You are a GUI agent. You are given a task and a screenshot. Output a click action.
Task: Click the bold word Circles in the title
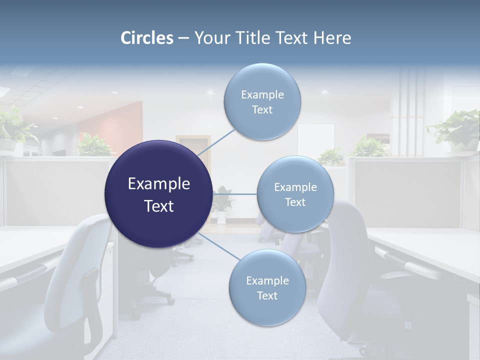147,38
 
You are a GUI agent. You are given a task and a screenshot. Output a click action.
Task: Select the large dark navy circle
158,194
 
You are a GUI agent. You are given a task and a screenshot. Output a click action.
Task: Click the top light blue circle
262,102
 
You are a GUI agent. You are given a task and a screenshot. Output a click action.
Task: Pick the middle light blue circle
295,194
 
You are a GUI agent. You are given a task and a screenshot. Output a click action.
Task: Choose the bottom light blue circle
267,288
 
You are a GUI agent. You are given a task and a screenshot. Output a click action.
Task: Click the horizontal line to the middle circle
235,194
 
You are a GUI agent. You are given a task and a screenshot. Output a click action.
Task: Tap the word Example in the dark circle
158,184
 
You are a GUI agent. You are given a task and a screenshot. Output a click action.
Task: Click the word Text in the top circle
262,110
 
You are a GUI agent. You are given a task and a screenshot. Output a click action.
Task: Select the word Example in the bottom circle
267,280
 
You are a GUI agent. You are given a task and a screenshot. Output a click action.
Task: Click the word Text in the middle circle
295,202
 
